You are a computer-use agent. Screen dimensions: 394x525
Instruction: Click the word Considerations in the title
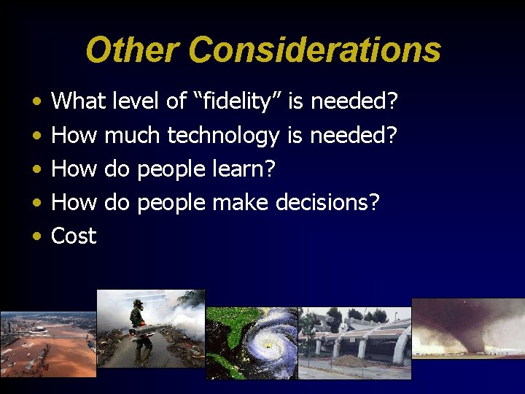314,50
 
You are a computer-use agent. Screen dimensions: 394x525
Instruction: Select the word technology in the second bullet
223,136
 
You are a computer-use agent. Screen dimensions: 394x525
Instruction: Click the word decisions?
327,202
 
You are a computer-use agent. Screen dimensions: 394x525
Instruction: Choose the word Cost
74,236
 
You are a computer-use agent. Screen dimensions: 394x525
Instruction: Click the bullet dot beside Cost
36,236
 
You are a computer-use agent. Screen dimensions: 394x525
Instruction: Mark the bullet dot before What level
36,103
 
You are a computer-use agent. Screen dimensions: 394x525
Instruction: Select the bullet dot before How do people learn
36,169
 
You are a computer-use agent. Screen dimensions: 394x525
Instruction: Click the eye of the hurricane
268,344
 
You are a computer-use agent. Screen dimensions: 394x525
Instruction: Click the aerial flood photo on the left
48,344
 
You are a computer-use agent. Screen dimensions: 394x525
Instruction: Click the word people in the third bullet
171,169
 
